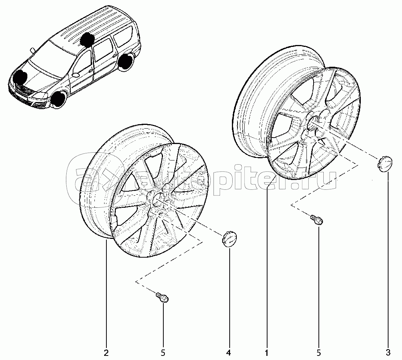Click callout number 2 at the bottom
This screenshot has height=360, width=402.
(x=106, y=353)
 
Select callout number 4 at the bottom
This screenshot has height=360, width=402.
(x=229, y=353)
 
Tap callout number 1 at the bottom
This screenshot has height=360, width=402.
(x=267, y=353)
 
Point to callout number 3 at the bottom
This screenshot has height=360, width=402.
(x=388, y=353)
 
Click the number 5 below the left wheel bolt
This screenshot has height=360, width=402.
(x=163, y=353)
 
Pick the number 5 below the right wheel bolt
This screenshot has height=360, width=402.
(x=319, y=353)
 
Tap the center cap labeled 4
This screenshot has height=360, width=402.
(x=229, y=239)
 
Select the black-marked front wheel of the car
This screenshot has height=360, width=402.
(x=58, y=100)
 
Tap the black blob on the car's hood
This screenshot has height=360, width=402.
(x=20, y=78)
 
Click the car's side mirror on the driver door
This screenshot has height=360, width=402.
(x=76, y=75)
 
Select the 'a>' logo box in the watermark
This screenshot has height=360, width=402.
(x=94, y=180)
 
